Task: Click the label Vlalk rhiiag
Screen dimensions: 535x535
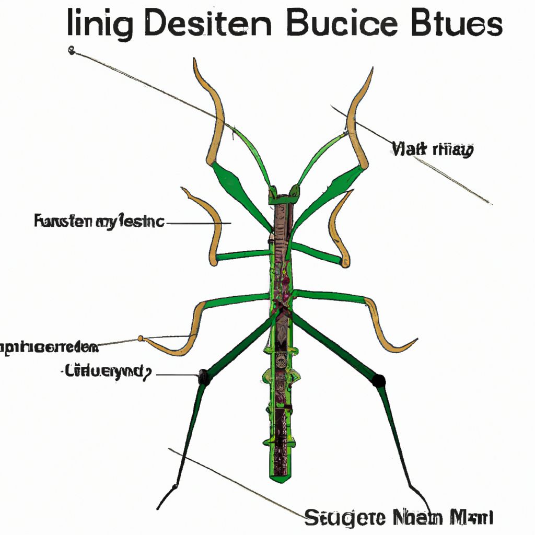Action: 432,150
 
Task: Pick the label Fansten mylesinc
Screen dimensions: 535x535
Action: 99,222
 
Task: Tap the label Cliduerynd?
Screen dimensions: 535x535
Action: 107,372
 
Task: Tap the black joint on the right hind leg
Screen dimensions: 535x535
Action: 379,380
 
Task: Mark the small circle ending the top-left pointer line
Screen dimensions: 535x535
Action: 72,50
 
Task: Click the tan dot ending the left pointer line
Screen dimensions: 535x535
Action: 141,339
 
